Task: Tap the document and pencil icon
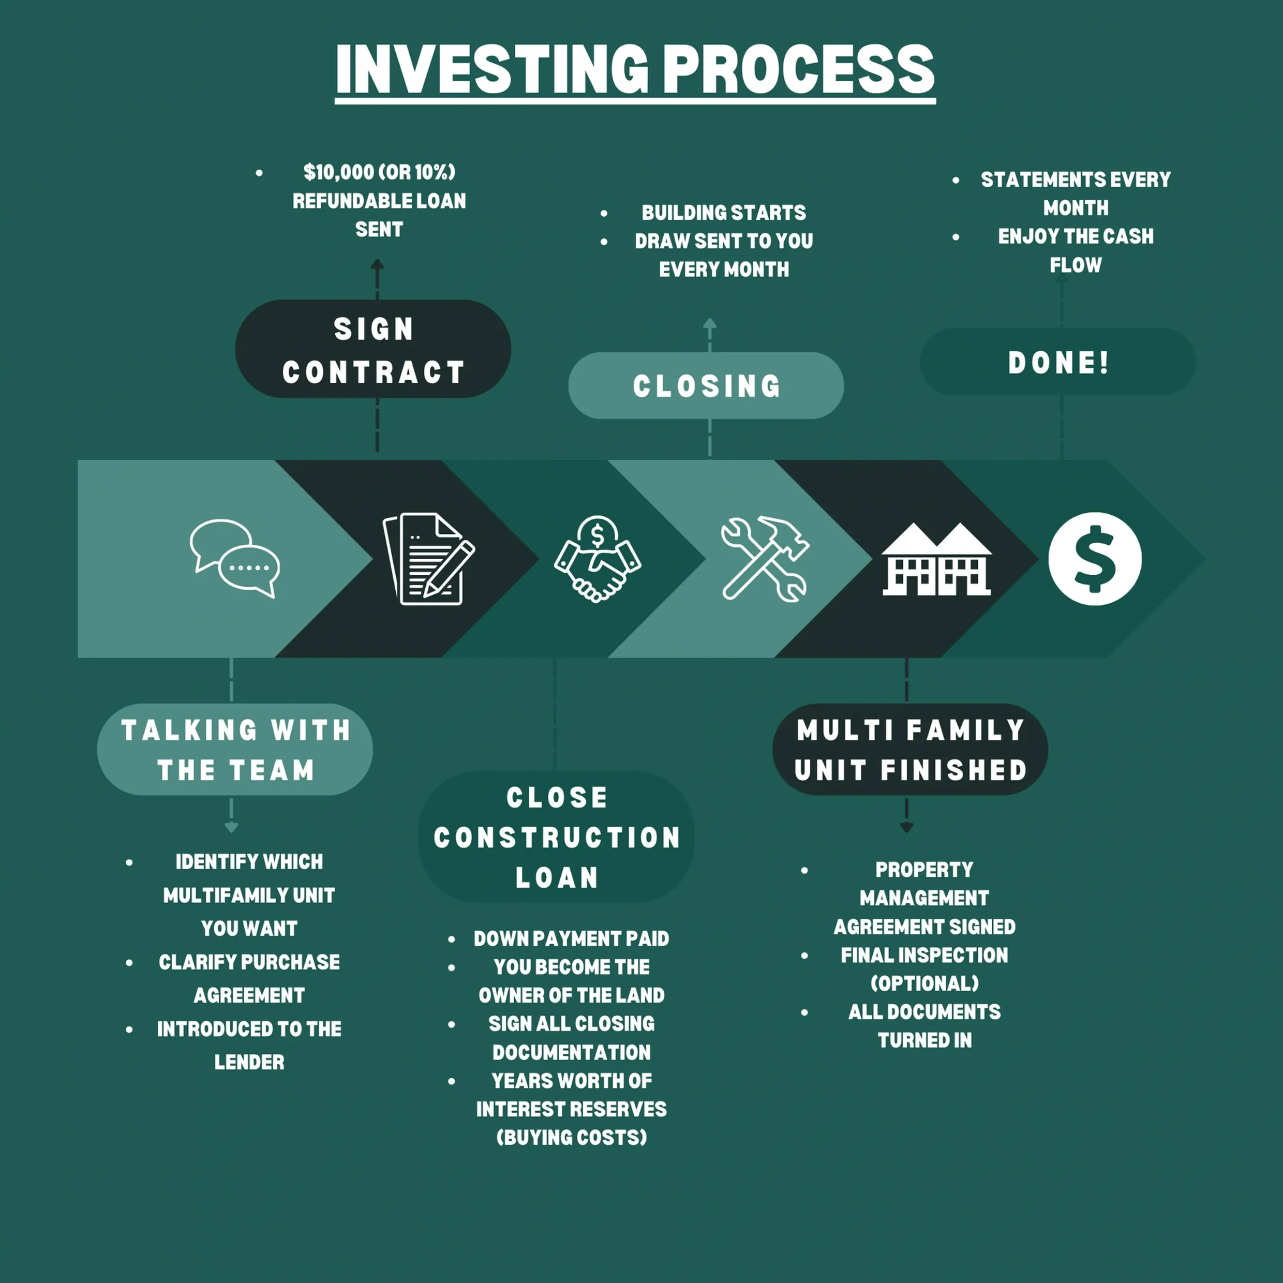coord(429,559)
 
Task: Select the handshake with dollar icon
coord(597,559)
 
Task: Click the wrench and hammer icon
coord(764,559)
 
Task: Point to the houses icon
coord(936,559)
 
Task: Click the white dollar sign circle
coord(1094,559)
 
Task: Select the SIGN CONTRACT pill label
coord(372,349)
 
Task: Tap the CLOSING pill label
coord(706,386)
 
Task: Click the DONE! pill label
coord(1058,363)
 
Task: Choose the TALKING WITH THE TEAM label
coord(235,750)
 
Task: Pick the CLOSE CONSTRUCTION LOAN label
coord(557,837)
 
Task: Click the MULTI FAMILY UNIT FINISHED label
coord(910,750)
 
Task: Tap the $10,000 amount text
coord(338,172)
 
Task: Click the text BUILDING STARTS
coord(723,213)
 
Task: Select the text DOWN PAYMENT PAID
coord(571,938)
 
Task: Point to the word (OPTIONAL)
coord(924,983)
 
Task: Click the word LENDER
coord(249,1062)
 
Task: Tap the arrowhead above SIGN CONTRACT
coord(377,264)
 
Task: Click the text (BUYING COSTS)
coord(571,1137)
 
